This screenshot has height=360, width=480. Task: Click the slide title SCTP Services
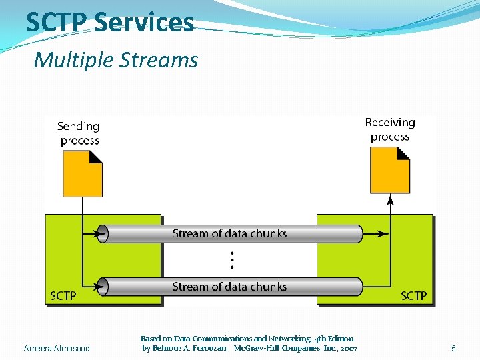click(110, 22)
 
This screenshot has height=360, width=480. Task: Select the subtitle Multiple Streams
click(116, 60)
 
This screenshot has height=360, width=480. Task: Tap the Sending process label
click(79, 133)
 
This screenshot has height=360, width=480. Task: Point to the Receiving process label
click(390, 129)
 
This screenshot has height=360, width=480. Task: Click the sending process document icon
click(82, 173)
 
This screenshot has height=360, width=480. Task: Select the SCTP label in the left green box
click(63, 295)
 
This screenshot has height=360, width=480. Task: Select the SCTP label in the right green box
click(413, 295)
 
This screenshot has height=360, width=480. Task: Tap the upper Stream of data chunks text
click(229, 233)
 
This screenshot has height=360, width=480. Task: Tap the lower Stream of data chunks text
click(229, 287)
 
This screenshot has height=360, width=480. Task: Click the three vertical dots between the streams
click(231, 260)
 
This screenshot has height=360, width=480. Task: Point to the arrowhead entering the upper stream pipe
click(101, 234)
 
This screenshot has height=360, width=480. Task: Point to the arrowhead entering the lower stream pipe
click(101, 287)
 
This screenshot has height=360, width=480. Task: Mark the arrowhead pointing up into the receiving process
click(390, 199)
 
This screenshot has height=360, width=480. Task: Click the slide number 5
click(453, 349)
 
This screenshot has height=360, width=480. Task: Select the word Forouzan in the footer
click(207, 349)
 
